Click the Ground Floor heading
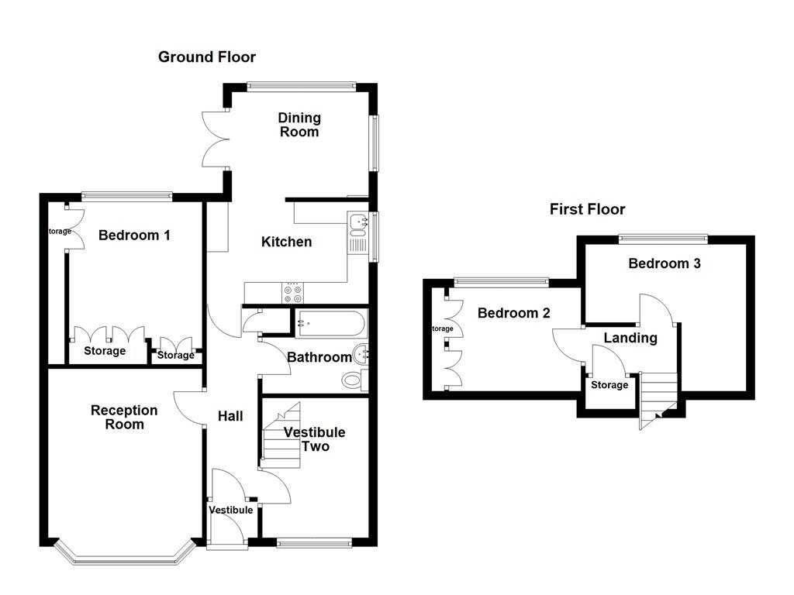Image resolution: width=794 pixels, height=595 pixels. (206, 57)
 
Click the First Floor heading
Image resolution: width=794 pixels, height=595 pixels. (587, 209)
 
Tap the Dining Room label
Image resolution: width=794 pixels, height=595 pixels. (299, 125)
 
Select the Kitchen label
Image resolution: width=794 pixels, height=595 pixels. (286, 242)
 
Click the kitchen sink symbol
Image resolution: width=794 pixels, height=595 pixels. (358, 224)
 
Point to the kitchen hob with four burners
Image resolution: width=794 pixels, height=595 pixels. (294, 292)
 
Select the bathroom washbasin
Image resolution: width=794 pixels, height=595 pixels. (361, 355)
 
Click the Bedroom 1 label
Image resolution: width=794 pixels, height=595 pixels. (134, 235)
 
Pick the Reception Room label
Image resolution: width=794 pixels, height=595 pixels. (124, 417)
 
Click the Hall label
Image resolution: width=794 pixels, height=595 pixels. (230, 416)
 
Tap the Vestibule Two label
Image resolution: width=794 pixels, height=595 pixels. (315, 439)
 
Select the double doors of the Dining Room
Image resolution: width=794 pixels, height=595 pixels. (215, 139)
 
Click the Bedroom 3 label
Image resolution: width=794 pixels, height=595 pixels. (665, 263)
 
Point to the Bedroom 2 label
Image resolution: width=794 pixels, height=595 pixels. (513, 313)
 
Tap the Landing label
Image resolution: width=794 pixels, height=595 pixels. (630, 338)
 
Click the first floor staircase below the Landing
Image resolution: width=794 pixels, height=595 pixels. (658, 398)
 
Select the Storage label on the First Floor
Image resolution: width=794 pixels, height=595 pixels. (609, 385)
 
